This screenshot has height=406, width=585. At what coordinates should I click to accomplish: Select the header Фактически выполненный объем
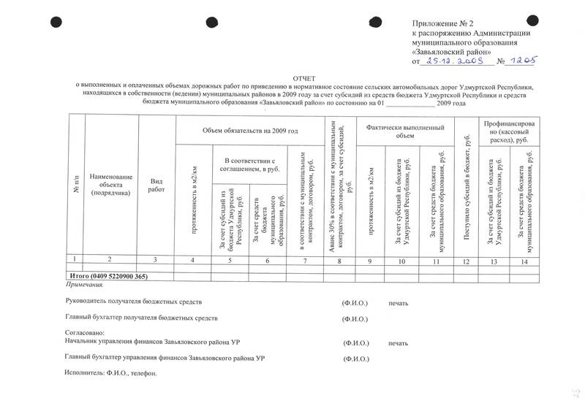[x=404, y=131]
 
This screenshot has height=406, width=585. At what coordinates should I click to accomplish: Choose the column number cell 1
[x=76, y=261]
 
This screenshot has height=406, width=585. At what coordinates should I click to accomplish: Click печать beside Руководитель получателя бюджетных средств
[x=399, y=302]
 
